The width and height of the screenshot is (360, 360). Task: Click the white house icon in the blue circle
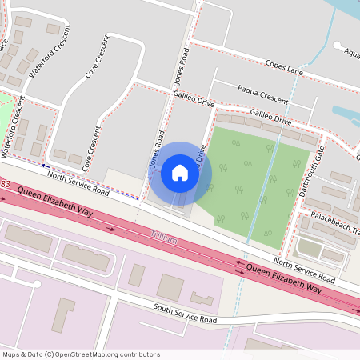click(179, 172)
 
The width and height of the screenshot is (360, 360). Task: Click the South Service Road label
click(186, 314)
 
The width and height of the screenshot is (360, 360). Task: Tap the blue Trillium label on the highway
click(163, 236)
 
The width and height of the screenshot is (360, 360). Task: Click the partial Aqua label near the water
click(352, 53)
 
